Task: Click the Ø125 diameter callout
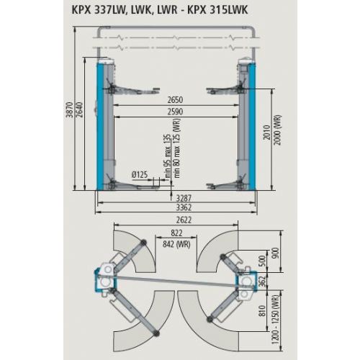point(142,174)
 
